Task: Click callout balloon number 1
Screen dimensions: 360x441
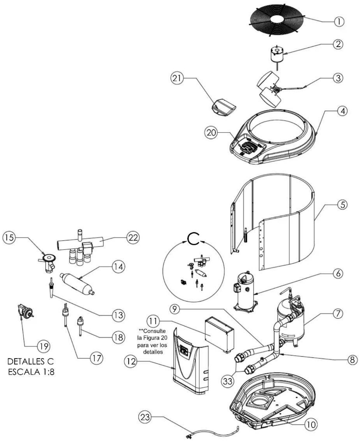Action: (339, 21)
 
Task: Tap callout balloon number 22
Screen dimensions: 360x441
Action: (133, 238)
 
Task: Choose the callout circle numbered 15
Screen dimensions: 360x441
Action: (9, 238)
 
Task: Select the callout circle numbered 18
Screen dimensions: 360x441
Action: (119, 337)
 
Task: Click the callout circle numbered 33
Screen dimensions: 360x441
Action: (228, 381)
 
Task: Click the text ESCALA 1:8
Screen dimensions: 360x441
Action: (31, 372)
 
